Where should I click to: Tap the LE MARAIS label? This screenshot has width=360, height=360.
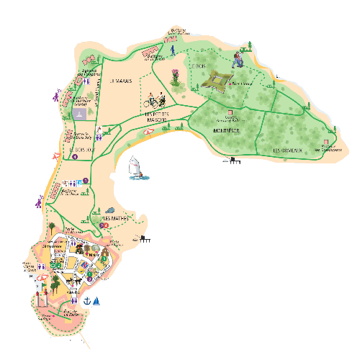point(120,81)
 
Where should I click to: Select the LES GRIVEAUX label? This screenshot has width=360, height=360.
point(287,150)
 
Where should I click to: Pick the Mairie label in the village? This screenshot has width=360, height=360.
point(94,253)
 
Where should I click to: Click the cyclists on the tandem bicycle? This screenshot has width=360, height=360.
point(158,99)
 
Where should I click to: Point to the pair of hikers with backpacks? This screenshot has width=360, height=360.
point(238,59)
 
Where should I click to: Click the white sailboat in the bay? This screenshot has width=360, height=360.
point(135,168)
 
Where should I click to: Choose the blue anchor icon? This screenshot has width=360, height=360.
point(86,302)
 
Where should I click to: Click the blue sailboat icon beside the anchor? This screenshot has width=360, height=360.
point(95,300)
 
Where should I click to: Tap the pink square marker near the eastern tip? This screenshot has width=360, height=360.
point(325,140)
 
